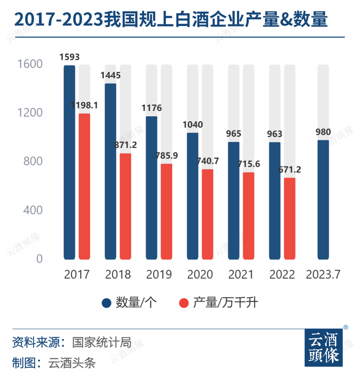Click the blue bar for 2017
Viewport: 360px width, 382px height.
pyautogui.click(x=69, y=162)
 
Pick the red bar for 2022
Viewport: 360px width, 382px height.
pyautogui.click(x=289, y=219)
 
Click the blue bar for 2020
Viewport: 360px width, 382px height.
pyautogui.click(x=192, y=196)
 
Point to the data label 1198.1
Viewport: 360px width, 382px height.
pyautogui.click(x=84, y=105)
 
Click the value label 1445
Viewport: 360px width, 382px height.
pyautogui.click(x=110, y=75)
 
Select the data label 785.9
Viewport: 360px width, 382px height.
pyautogui.click(x=166, y=156)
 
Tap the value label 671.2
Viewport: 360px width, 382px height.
pyautogui.click(x=289, y=170)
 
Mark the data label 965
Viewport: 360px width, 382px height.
pyautogui.click(x=234, y=134)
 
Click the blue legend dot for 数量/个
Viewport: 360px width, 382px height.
pyautogui.click(x=106, y=303)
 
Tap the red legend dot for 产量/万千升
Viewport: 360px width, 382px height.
pyautogui.click(x=183, y=303)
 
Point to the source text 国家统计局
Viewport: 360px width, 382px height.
pyautogui.click(x=102, y=342)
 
